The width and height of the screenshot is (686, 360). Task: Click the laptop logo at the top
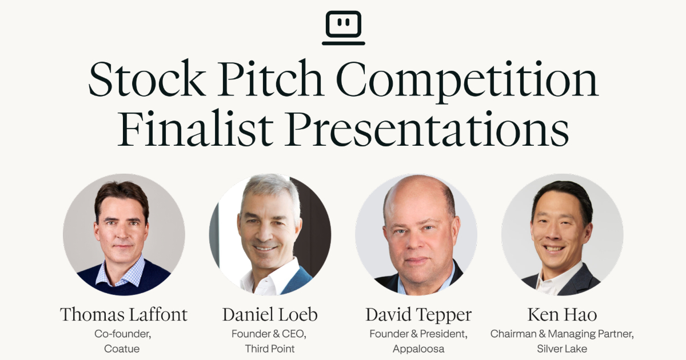pos(344,28)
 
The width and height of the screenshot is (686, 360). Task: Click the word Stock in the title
pos(147,79)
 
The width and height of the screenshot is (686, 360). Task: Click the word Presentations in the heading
pos(426,129)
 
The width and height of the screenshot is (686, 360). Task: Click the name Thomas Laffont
pos(123,314)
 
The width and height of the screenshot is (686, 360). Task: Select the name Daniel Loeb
pos(270,314)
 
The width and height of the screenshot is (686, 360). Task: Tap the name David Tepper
pos(418,315)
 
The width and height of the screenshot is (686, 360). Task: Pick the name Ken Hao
pos(562,314)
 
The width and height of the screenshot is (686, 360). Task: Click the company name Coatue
pos(122,349)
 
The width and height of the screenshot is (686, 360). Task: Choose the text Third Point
pos(270,349)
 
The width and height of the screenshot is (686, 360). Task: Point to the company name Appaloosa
pos(418,349)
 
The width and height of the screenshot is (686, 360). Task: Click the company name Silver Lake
pos(562,349)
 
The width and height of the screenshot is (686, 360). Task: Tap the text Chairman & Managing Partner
pos(561,334)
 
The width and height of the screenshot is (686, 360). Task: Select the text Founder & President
pos(418,334)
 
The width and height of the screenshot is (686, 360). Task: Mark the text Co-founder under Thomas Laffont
pos(123,334)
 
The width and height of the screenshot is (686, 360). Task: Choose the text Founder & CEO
pos(269,334)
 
